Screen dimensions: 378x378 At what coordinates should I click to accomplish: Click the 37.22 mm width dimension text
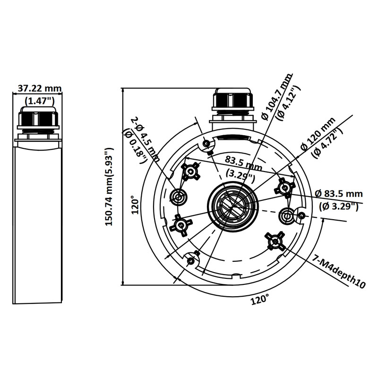point(40,88)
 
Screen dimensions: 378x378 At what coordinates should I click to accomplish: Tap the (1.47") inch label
point(40,100)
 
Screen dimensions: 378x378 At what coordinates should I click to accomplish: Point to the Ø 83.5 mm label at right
point(338,194)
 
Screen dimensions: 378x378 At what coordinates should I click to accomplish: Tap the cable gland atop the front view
point(232,103)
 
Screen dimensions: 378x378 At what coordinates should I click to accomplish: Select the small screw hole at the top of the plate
point(206,143)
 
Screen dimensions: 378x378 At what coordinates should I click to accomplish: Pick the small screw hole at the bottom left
point(191,260)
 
